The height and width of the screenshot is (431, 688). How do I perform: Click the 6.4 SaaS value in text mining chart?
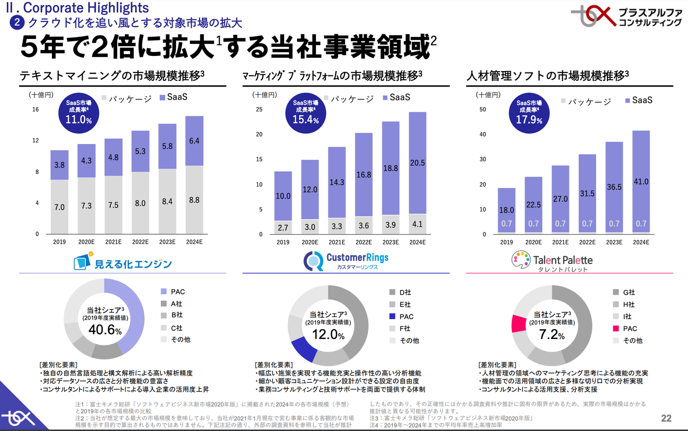click(194, 141)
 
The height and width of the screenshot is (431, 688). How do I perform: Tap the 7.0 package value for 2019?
click(59, 207)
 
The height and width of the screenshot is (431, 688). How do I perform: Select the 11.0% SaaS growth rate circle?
click(79, 113)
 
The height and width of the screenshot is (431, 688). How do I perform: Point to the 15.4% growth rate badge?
click(306, 113)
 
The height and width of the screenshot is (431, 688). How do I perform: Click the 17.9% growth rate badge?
click(529, 113)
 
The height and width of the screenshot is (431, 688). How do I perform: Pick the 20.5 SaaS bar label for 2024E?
click(417, 163)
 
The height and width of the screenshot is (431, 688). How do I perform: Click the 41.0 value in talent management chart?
click(641, 181)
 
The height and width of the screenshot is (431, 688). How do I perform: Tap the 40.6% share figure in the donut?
click(104, 330)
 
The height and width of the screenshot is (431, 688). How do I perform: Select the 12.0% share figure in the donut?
click(328, 335)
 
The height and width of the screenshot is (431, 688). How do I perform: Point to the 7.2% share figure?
click(551, 335)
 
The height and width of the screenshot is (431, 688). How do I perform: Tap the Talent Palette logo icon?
click(521, 260)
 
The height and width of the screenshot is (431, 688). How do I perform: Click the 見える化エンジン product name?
click(133, 264)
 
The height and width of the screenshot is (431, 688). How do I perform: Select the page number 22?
click(666, 418)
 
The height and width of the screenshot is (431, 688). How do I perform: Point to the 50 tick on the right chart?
click(482, 109)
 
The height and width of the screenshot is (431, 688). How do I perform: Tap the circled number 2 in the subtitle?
click(17, 22)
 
